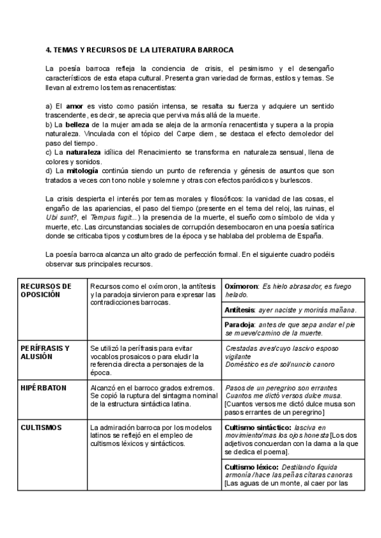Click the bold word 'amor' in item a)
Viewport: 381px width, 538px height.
coord(75,105)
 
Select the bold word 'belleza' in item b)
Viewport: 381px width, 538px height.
coord(79,126)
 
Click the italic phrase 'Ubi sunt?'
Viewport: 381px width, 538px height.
coord(62,218)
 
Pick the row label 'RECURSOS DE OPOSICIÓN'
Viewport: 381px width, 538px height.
coord(46,290)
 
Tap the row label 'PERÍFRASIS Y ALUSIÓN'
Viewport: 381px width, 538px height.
coord(45,352)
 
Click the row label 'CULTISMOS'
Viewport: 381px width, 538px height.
coord(41,428)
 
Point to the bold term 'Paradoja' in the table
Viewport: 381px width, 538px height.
coord(240,324)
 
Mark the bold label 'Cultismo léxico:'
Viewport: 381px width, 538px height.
coord(251,467)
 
